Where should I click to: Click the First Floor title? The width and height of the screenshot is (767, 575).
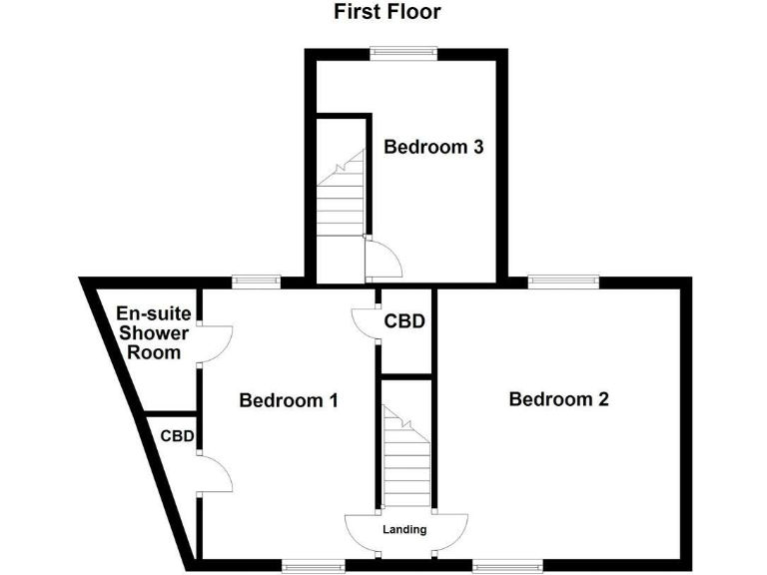[x=386, y=12]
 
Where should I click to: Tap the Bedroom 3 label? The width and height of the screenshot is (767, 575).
[x=434, y=147]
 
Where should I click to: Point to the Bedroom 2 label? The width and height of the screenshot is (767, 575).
[x=558, y=399]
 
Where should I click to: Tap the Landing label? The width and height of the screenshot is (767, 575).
[x=405, y=529]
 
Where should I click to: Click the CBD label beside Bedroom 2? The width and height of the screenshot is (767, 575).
[x=405, y=321]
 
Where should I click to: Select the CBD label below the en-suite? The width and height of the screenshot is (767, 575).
[x=177, y=435]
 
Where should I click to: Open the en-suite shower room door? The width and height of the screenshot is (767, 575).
[x=216, y=343]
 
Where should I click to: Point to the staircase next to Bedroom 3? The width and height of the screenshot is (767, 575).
[x=339, y=200]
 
